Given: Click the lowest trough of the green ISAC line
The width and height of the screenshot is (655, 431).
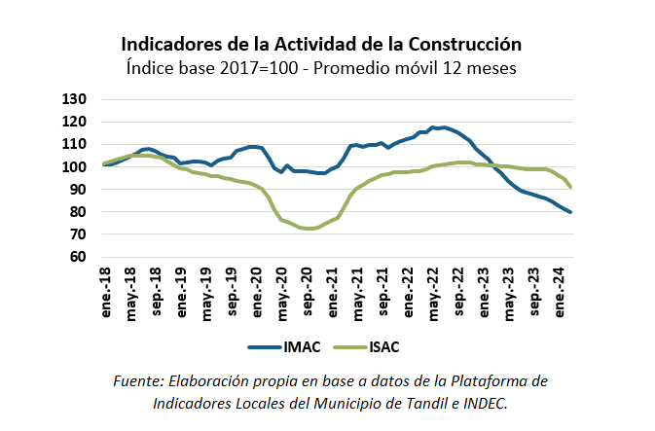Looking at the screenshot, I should pyautogui.click(x=309, y=229).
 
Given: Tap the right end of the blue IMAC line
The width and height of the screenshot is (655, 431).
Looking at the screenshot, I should pyautogui.click(x=570, y=212).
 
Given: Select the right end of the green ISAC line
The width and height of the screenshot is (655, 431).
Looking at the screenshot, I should pyautogui.click(x=570, y=187).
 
